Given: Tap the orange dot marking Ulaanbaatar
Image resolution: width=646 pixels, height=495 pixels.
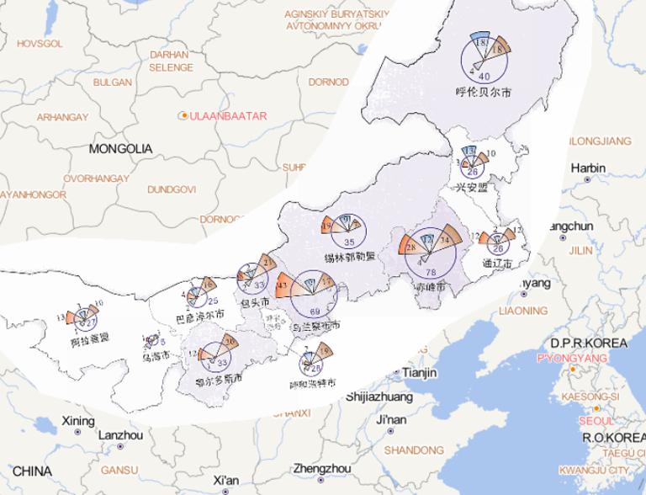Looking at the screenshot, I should coord(183,114).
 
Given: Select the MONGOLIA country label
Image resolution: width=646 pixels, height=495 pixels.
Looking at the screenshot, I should coord(120,148).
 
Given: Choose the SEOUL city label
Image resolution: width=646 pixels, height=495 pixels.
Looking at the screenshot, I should coord(596,420).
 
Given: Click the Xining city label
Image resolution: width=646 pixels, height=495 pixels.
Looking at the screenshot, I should coord(78,420).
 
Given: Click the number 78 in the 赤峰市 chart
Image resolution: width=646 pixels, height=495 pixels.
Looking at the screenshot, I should coord(432,272).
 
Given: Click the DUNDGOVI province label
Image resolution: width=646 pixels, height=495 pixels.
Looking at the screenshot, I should coord(172,189).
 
